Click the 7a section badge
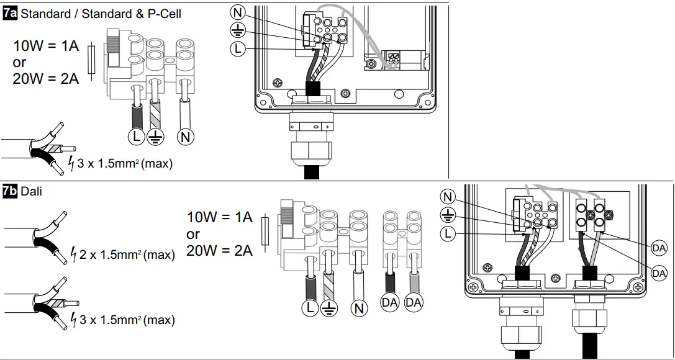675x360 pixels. coord(11,14)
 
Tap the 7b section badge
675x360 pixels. coord(11,191)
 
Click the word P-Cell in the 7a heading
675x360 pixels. coord(164,14)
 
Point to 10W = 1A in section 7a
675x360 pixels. coord(46,47)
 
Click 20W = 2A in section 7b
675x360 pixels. coord(219,251)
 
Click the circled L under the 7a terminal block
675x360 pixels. coord(135,137)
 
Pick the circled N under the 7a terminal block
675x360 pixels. coord(184,137)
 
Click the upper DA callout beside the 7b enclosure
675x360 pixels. coord(659,248)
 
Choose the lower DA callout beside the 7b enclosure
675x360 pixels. coord(659,272)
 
